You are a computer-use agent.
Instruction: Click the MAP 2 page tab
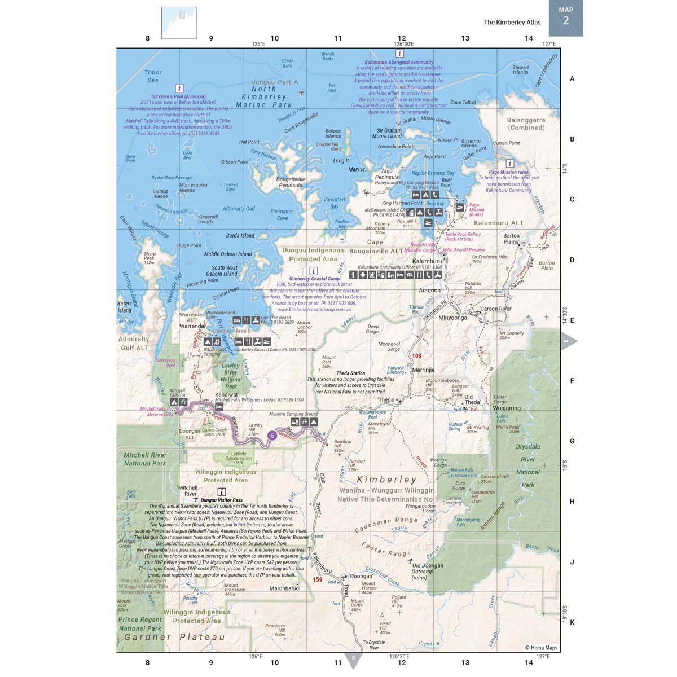[x=565, y=17]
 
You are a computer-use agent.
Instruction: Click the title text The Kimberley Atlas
[x=512, y=23]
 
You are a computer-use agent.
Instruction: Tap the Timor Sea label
[x=153, y=76]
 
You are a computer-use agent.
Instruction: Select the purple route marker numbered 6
[x=272, y=435]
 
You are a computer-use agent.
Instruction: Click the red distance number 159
[x=318, y=579]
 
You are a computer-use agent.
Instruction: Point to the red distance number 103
[x=416, y=355]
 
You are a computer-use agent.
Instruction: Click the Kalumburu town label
[x=427, y=261]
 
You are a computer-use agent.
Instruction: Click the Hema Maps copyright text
[x=541, y=648]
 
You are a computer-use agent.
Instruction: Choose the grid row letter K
[x=572, y=622]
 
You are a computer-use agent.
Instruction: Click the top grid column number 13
[x=465, y=38]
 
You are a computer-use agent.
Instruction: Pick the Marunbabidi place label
[x=284, y=588]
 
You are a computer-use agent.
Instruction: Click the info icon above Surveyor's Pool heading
[x=179, y=89]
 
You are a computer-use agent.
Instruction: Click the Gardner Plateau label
[x=174, y=638]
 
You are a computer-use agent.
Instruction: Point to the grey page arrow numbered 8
[x=353, y=659]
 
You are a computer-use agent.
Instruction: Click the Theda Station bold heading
[x=351, y=373]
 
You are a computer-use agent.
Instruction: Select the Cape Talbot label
[x=463, y=103]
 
